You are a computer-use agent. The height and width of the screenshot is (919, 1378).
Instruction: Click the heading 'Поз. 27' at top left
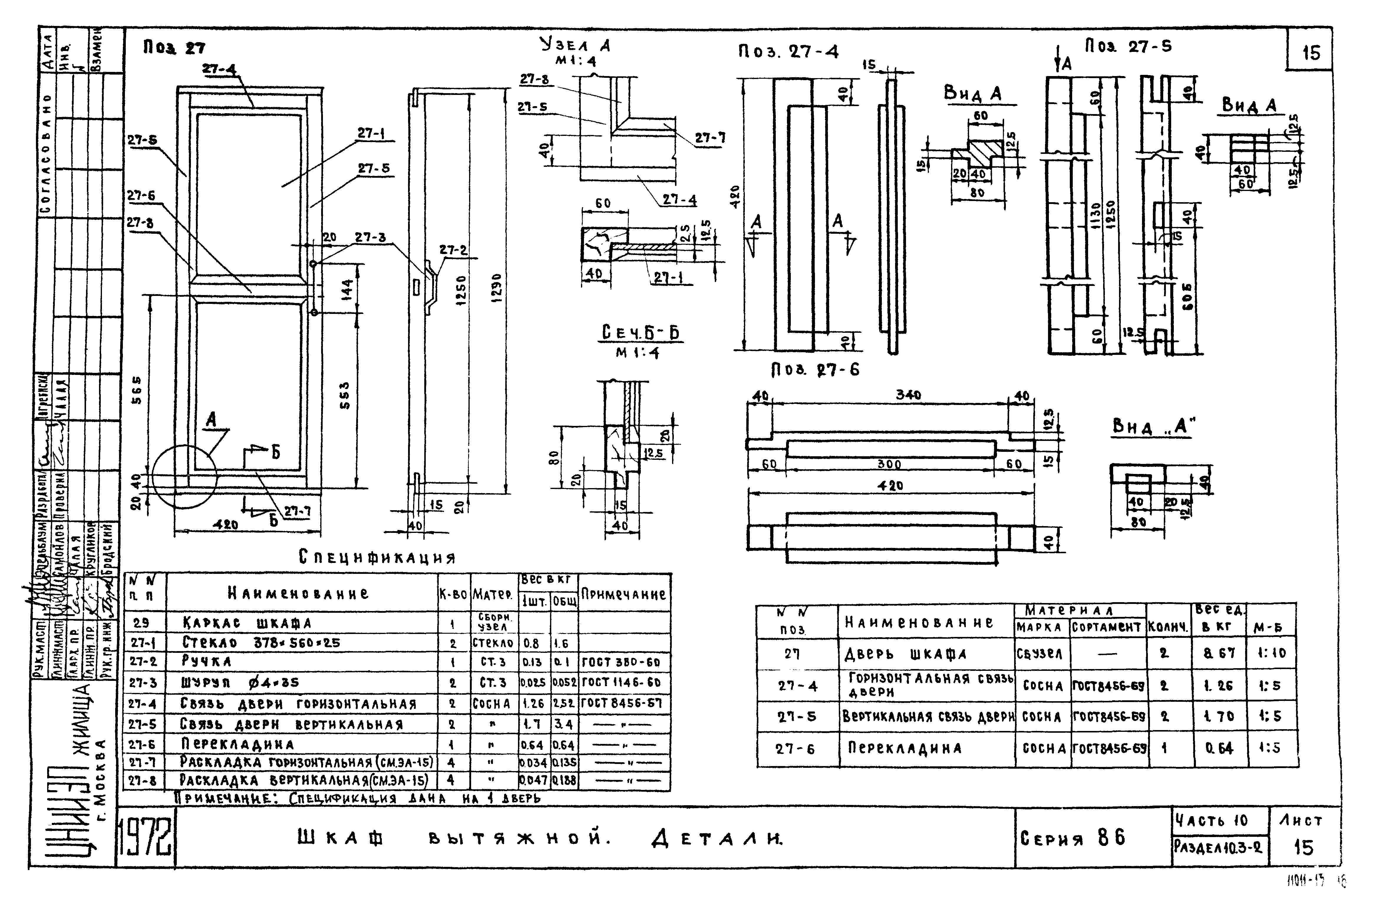[x=174, y=48]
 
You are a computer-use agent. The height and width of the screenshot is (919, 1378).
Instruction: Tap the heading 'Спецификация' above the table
[x=377, y=557]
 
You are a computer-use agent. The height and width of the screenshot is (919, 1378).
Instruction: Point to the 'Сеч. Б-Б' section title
[x=640, y=333]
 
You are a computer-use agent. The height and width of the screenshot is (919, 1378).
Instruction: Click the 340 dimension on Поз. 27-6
[x=908, y=395]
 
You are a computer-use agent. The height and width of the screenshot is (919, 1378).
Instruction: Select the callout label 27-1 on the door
[x=371, y=134]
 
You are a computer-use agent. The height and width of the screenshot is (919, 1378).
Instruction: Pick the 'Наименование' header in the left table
[x=298, y=594]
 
